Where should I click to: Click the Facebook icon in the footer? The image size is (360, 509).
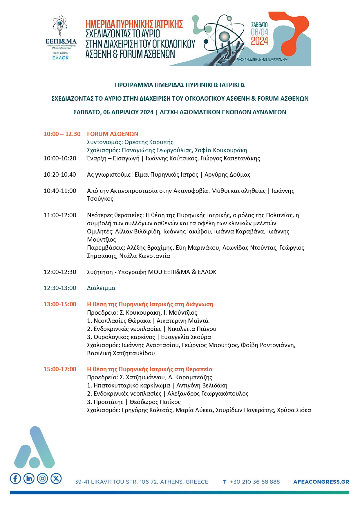[x=15, y=478]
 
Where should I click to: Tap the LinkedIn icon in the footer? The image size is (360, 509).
[x=29, y=478]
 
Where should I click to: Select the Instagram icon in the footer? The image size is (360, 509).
[x=43, y=478]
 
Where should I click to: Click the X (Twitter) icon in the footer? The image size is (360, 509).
[x=56, y=478]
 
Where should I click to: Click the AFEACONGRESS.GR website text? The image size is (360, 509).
[x=321, y=482]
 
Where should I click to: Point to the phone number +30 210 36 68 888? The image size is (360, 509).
[x=254, y=482]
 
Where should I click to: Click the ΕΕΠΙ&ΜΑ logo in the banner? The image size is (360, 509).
[x=61, y=38]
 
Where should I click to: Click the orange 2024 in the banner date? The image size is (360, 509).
[x=259, y=41]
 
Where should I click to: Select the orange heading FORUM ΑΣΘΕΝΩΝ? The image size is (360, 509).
[x=113, y=134]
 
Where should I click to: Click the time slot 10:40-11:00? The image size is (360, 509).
[x=60, y=191]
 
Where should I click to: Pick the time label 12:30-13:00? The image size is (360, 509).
[x=60, y=288]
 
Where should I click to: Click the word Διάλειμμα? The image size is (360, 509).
[x=101, y=288]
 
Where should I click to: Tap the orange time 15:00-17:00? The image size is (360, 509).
[x=60, y=369]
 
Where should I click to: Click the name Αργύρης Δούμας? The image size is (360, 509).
[x=227, y=175]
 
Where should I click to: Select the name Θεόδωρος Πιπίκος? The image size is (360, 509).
[x=155, y=402]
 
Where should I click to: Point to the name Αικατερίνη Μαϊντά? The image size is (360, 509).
[x=182, y=321]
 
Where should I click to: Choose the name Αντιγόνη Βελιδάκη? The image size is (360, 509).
[x=202, y=385]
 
